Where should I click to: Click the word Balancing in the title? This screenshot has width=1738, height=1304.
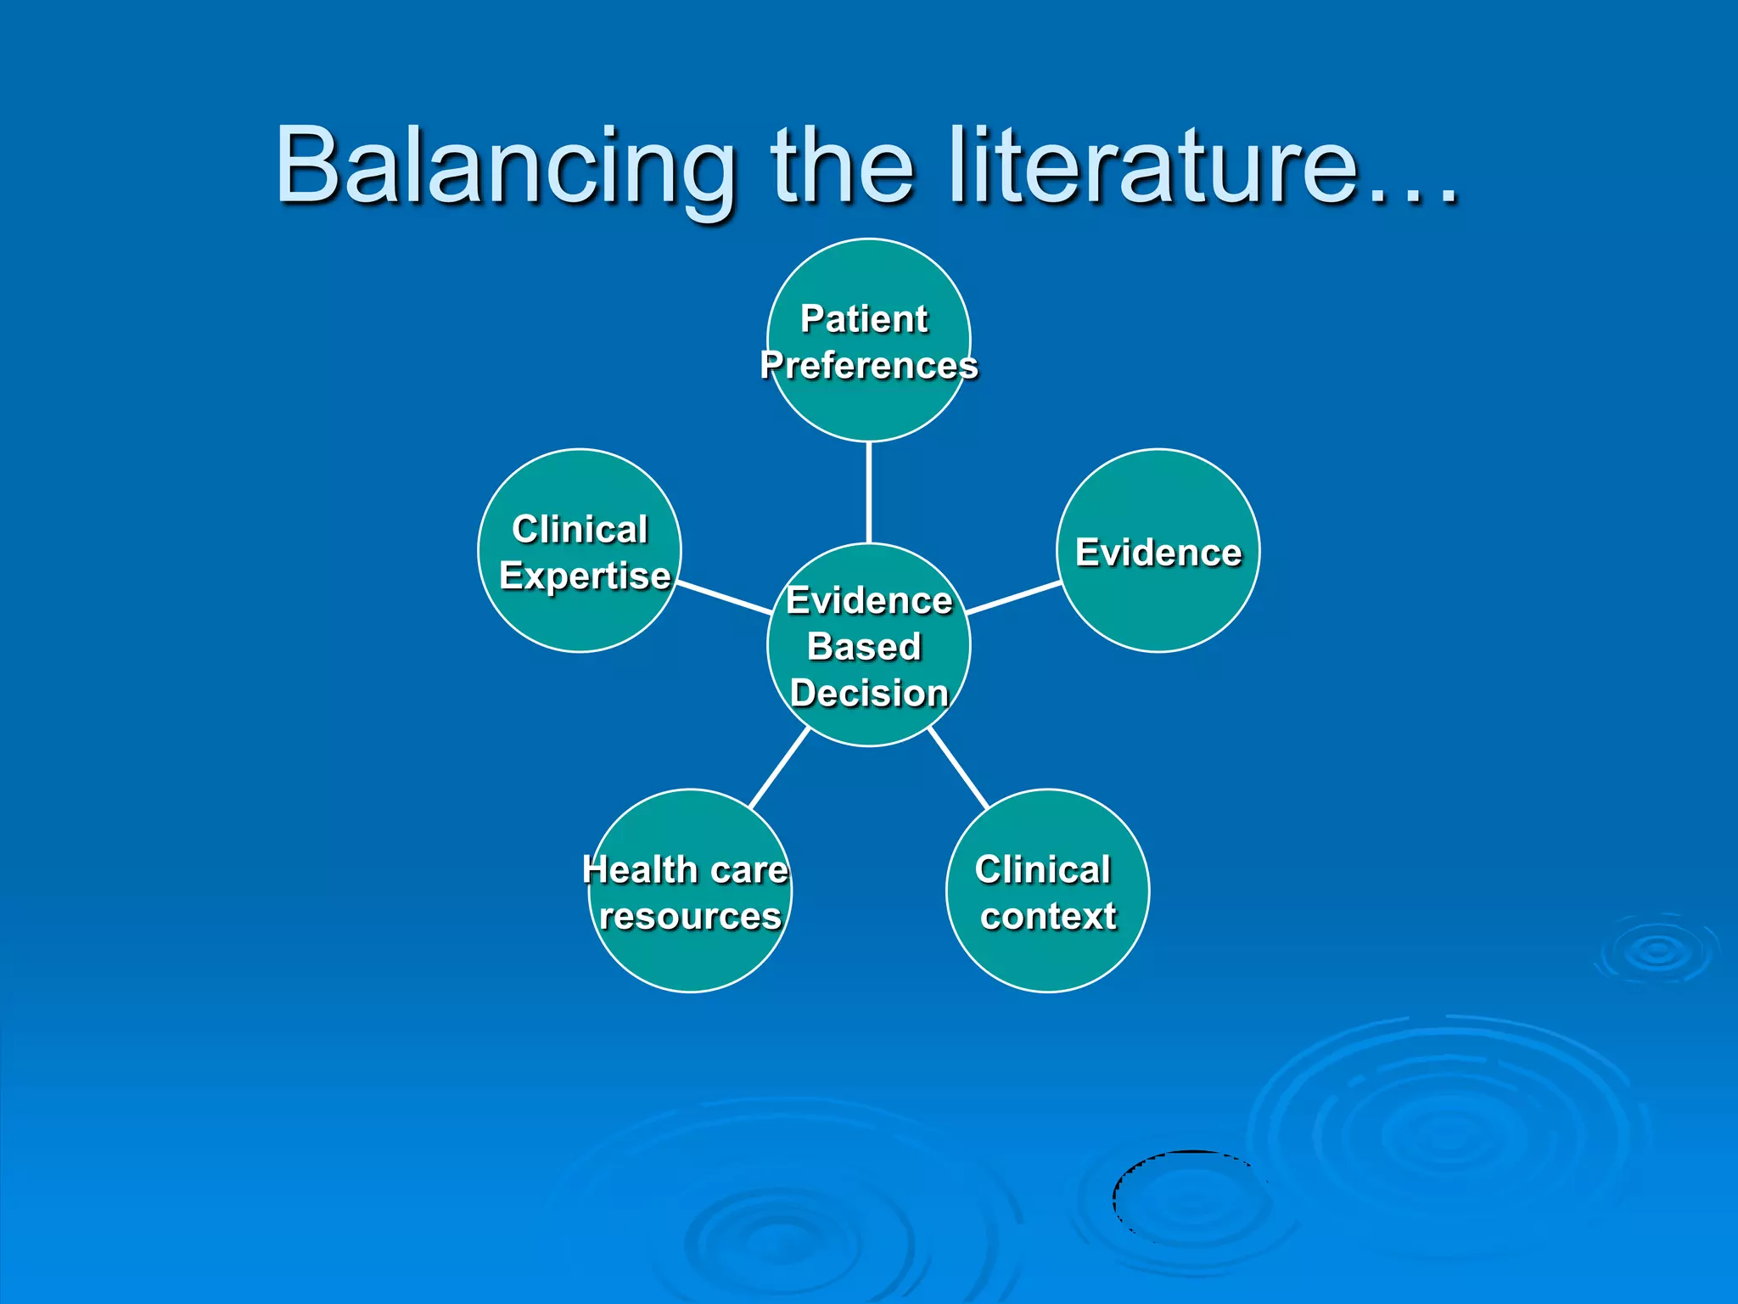tap(504, 166)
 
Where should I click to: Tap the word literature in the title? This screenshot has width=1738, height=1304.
tap(1154, 166)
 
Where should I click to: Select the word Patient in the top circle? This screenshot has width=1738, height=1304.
tap(864, 319)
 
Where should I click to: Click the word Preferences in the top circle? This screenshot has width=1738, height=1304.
tap(869, 366)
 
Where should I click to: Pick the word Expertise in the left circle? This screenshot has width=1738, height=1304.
tap(585, 576)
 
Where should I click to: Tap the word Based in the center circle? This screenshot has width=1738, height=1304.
tap(864, 647)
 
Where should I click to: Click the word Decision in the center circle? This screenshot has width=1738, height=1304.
tap(869, 693)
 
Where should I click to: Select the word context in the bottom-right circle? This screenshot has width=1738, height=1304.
tap(1048, 916)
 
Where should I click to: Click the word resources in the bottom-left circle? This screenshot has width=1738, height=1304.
tap(690, 917)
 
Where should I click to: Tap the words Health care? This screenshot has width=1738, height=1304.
tap(685, 870)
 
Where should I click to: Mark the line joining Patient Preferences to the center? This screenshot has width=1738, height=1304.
tap(869, 492)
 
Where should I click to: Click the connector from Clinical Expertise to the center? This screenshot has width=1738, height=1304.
tap(724, 597)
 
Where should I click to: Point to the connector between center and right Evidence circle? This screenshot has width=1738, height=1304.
tap(1013, 598)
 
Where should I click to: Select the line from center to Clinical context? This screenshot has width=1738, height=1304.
tap(959, 767)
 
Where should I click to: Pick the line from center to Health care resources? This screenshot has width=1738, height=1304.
tap(779, 767)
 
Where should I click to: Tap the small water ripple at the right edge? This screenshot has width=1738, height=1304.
tap(1657, 951)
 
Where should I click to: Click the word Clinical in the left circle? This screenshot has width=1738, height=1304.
tap(580, 530)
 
